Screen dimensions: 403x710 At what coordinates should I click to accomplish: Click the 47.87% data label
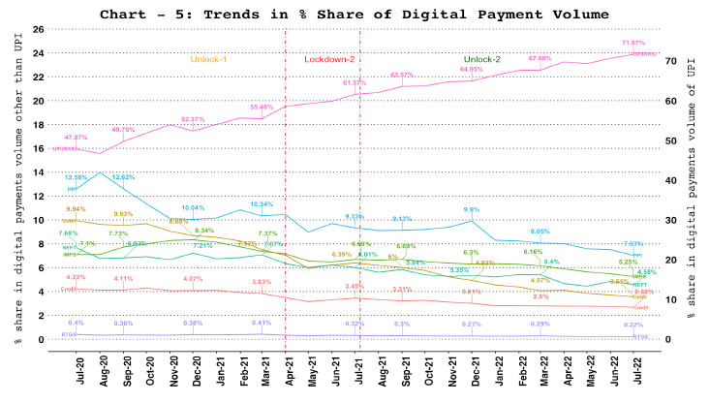tap(75, 138)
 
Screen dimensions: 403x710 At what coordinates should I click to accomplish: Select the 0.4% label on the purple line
tap(75, 323)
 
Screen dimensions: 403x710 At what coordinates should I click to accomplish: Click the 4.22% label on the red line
tap(75, 278)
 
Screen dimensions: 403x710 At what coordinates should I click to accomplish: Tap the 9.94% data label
tap(75, 209)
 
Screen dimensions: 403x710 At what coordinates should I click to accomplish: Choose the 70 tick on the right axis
tap(668, 60)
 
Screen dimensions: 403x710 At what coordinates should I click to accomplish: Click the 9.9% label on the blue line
tap(472, 209)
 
